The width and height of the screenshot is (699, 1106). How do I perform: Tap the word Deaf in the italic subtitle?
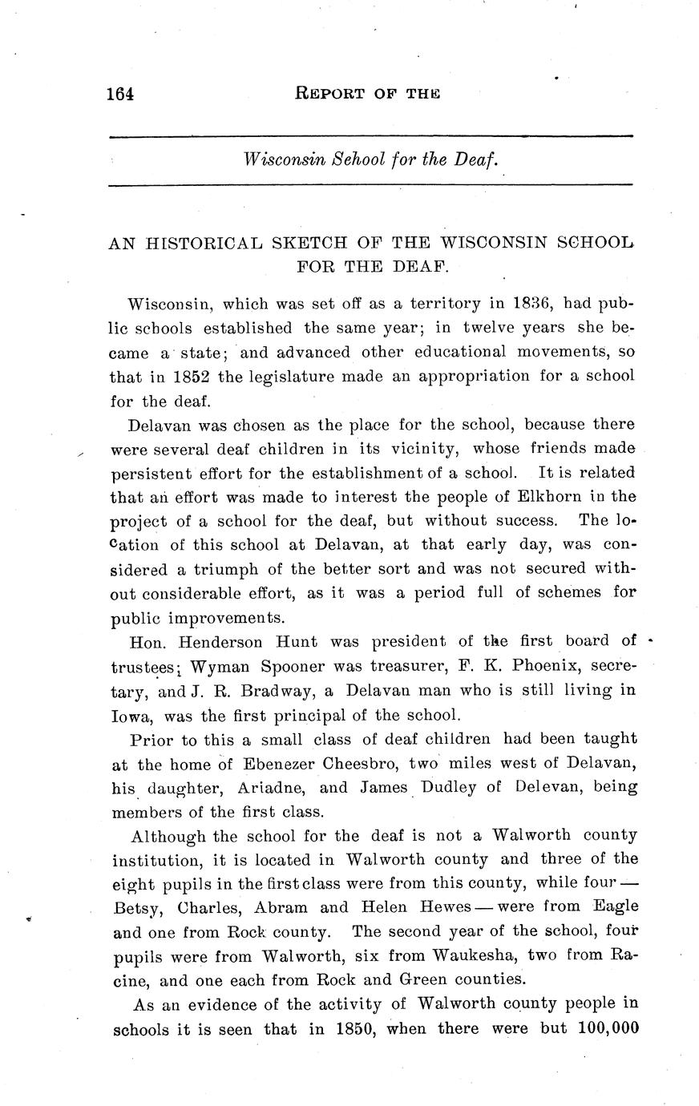click(477, 160)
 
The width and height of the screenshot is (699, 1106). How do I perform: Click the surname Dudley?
click(446, 787)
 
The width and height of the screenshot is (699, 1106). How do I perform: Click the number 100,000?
click(607, 1028)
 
